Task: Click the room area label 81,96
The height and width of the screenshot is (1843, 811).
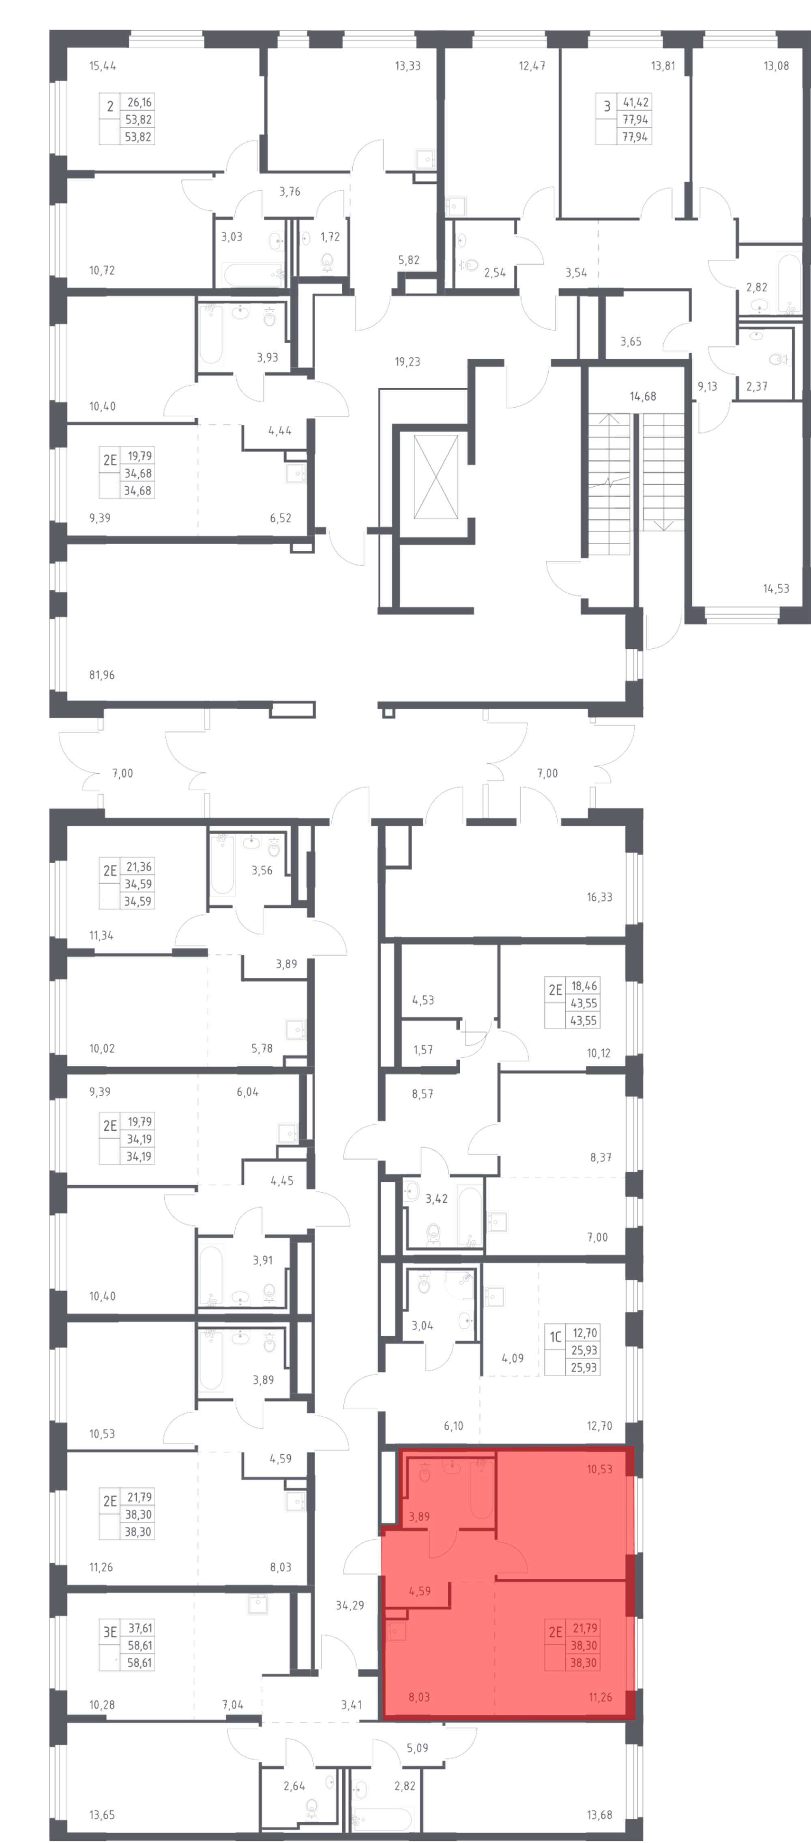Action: point(102,675)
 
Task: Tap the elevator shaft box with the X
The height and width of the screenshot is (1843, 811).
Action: point(436,477)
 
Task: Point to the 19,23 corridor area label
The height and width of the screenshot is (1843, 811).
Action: point(407,362)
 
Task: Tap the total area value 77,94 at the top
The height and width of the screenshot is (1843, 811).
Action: point(635,120)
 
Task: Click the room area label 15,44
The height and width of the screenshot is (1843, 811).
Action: point(102,66)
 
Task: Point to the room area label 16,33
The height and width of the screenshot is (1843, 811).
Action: point(600,897)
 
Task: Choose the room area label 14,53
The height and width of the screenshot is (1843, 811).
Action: point(776,589)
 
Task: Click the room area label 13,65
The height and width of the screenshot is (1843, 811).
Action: point(102,1815)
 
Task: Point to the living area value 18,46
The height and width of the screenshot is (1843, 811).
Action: point(584,986)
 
